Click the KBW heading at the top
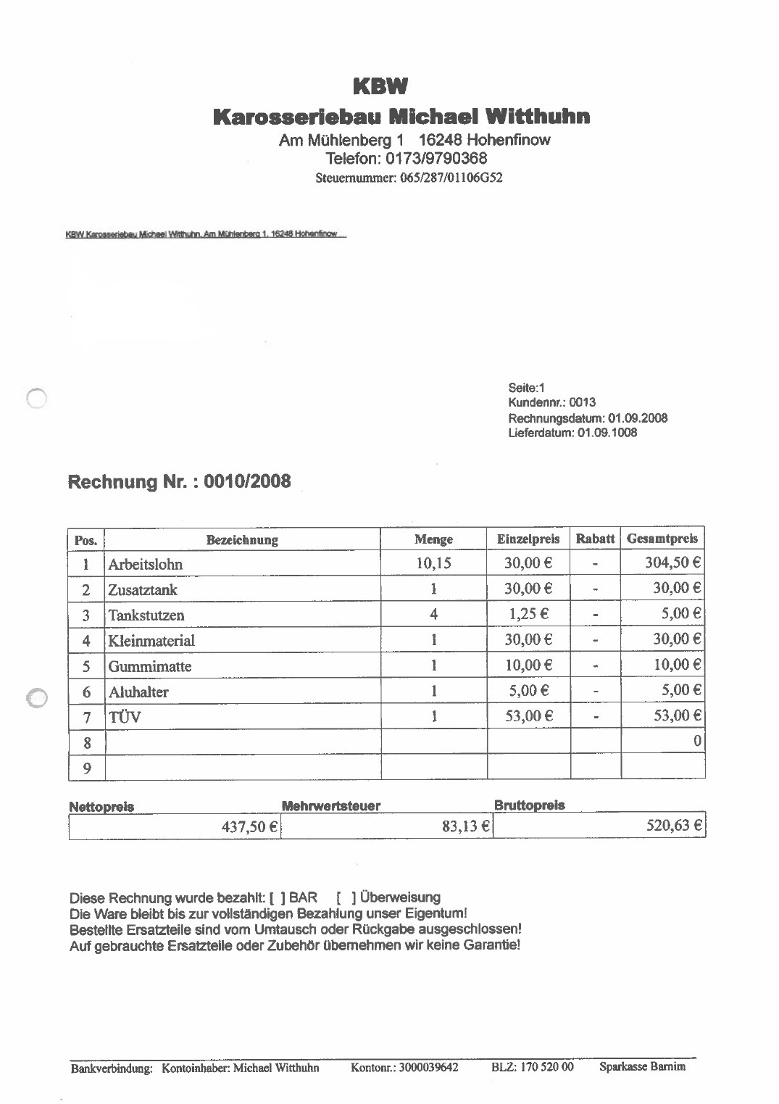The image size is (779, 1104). coord(380,87)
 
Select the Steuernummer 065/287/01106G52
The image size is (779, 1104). coord(451,178)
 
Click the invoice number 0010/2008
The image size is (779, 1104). coord(248,481)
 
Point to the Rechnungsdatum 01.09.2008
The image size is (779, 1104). coord(638,418)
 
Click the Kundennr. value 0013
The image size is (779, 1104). coord(583,402)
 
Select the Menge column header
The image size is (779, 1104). coord(433,539)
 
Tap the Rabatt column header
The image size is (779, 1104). coord(595,539)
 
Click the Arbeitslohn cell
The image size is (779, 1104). coord(146,564)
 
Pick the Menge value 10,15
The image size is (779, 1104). coord(433,563)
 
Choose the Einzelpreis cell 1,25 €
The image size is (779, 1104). coord(528,614)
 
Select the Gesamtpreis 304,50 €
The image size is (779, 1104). coord(672,563)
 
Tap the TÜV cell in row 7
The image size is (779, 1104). coord(125,718)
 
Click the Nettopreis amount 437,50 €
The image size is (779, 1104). coord(249,826)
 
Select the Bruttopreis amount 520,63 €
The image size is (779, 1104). coord(673,826)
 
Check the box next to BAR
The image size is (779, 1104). coord(277,898)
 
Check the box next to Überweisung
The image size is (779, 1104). coord(347,898)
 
